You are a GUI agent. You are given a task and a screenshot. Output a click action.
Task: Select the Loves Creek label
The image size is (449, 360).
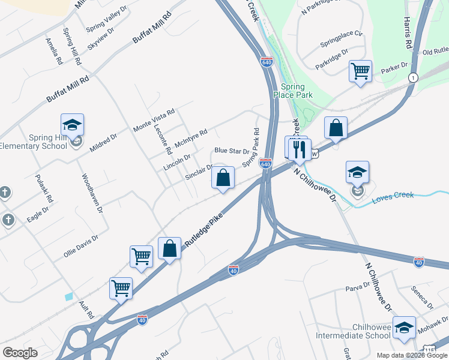pyautogui.click(x=393, y=196)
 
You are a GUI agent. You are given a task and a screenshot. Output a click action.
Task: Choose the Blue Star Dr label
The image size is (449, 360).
pyautogui.click(x=232, y=151)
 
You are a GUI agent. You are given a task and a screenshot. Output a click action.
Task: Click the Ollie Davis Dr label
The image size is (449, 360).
pyautogui.click(x=80, y=246)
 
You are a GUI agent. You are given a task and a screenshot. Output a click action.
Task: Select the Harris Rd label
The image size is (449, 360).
pyautogui.click(x=408, y=34)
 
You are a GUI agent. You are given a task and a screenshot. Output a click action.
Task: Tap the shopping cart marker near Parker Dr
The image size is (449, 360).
pyautogui.click(x=360, y=71)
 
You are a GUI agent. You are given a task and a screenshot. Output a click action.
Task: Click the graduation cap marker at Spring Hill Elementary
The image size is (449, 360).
pyautogui.click(x=72, y=125)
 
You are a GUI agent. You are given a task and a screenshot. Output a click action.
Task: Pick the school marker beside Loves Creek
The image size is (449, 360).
pyautogui.click(x=358, y=173)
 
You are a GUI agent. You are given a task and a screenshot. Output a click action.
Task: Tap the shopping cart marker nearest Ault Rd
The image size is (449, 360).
pyautogui.click(x=121, y=289)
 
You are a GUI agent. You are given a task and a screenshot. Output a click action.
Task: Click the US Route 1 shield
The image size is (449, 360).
pyautogui.click(x=413, y=78)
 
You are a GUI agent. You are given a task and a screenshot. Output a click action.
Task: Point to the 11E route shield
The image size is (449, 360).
pyautogui.click(x=429, y=349)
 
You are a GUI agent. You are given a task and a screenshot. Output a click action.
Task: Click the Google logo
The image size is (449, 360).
pyautogui.click(x=20, y=353)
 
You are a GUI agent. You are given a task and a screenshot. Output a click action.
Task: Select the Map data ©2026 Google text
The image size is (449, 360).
pyautogui.click(x=412, y=355)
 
